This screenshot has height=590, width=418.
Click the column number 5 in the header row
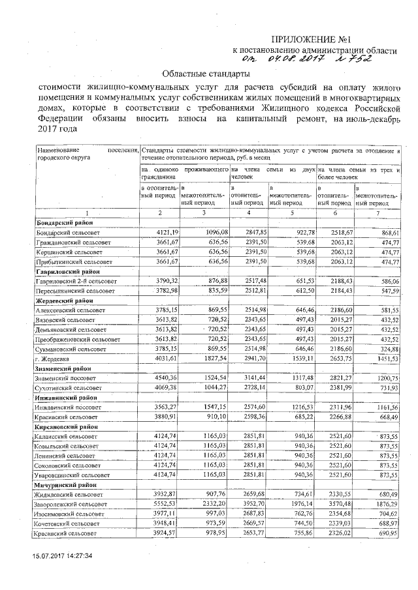(x=291, y=213)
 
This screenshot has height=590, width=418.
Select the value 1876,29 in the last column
(x=385, y=505)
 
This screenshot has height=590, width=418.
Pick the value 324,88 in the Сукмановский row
(x=387, y=349)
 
